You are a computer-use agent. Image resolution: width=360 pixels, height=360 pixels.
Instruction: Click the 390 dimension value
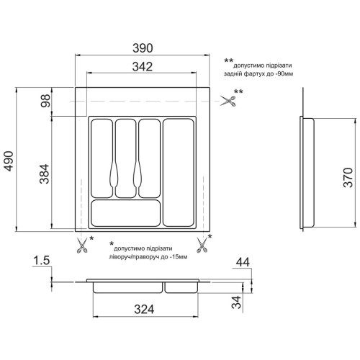143,48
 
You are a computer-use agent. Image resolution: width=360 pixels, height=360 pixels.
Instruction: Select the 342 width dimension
143,66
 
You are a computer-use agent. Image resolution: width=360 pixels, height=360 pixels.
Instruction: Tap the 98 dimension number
45,101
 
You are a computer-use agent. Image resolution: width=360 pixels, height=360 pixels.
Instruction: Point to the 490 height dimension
9,161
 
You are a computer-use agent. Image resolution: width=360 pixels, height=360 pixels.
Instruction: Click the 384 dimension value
45,174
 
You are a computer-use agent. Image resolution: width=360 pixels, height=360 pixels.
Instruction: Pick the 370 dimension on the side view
348,178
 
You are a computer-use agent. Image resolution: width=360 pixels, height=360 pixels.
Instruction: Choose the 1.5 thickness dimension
42,261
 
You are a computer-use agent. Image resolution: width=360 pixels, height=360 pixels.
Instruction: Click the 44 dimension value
243,262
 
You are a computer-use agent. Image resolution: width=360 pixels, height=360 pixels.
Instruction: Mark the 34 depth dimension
236,302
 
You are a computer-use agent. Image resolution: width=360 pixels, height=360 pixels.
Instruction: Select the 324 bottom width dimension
144,309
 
